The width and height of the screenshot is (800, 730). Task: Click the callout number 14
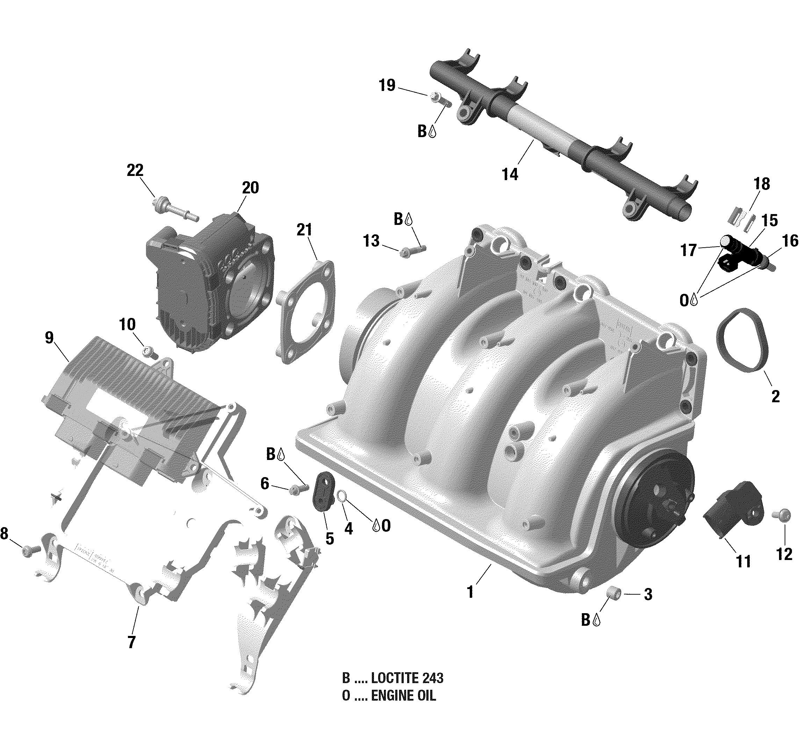(510, 174)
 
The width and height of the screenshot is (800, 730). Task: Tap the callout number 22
(135, 170)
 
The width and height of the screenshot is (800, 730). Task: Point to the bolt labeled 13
(412, 251)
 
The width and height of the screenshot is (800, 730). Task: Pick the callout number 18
(762, 184)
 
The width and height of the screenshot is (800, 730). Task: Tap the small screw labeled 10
(150, 352)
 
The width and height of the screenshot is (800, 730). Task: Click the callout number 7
(131, 642)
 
